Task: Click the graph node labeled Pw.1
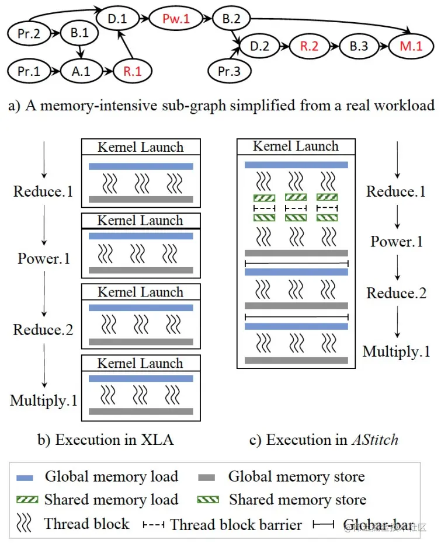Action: pos(176,19)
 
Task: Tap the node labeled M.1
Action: pos(411,46)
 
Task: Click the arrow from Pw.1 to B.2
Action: pos(205,19)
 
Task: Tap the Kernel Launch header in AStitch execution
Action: pos(296,146)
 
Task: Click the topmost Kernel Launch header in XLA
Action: pos(140,147)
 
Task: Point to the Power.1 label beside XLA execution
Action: pos(44,257)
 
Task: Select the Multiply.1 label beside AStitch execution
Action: pos(397,351)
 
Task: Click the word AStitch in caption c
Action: pos(374,440)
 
